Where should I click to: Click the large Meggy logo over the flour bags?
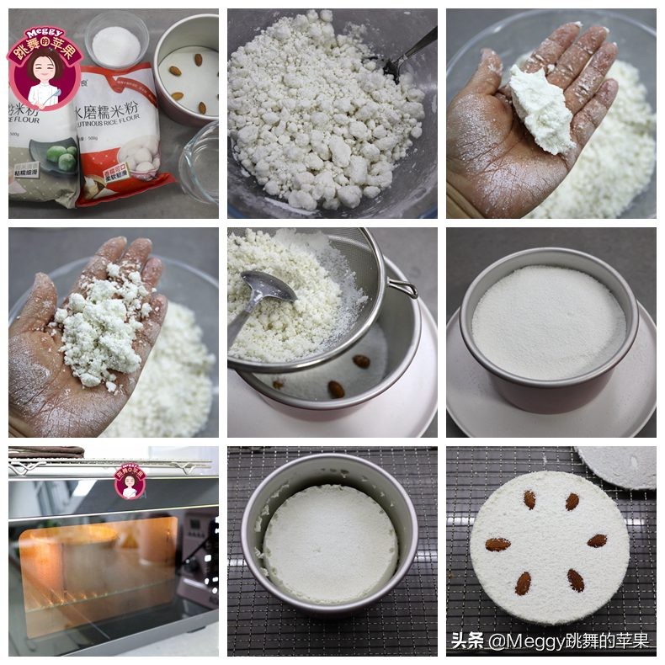tap(44, 67)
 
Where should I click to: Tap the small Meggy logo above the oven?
tap(130, 481)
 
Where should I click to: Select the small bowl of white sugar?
tap(116, 42)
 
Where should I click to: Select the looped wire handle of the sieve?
tap(402, 289)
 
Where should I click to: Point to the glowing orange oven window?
tap(97, 568)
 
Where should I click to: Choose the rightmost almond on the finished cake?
tap(597, 540)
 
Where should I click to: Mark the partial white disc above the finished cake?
tap(619, 465)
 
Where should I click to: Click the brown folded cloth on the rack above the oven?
tap(46, 452)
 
